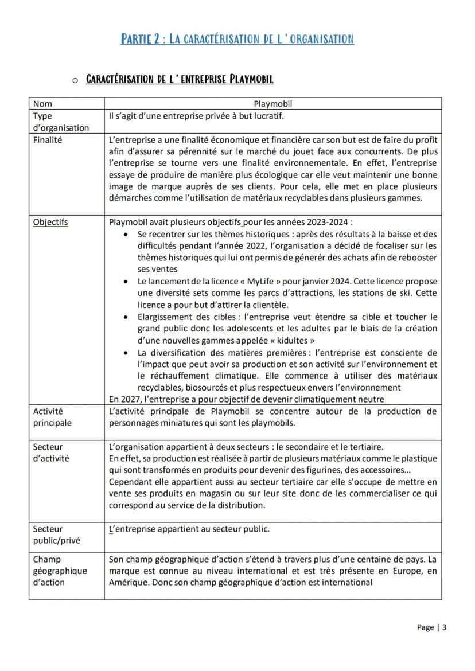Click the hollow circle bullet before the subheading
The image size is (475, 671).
[x=75, y=80]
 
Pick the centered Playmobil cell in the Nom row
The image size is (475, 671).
[x=273, y=104]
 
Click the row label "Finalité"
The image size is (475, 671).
[x=48, y=139]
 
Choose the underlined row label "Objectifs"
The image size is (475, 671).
[x=50, y=222]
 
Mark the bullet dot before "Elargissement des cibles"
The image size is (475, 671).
[x=126, y=317]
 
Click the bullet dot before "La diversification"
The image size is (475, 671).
[x=126, y=352]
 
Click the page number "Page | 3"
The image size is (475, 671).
[x=431, y=627]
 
